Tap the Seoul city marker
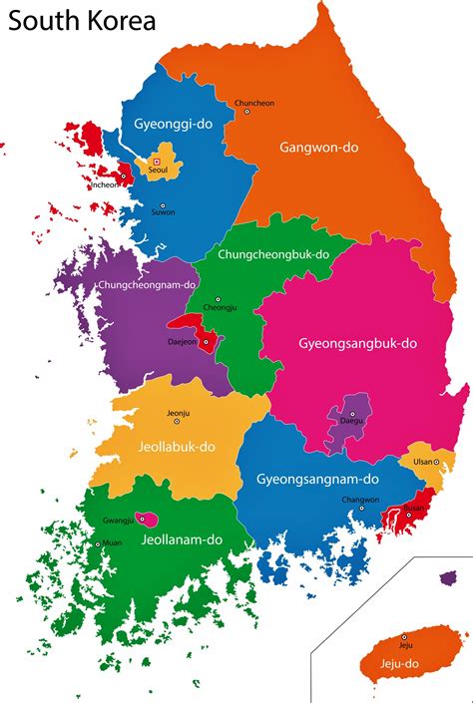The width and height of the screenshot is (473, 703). click(157, 160)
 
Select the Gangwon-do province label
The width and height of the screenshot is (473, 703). click(319, 147)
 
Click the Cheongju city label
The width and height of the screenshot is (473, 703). click(220, 306)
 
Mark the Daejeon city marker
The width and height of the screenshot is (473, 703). click(206, 342)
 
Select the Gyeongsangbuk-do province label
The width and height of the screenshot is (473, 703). click(357, 343)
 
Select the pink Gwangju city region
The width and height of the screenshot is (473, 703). click(148, 518)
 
